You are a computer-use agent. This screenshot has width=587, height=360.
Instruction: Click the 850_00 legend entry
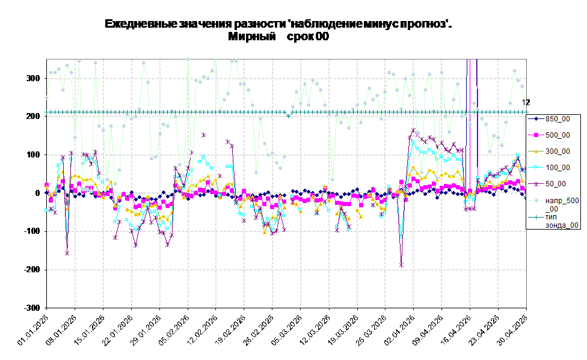[x=549, y=119]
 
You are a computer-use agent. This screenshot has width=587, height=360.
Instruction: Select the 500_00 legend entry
[x=549, y=135]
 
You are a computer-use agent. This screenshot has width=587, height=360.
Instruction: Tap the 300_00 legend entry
[x=549, y=151]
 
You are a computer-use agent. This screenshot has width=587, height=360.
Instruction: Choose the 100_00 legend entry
[x=549, y=168]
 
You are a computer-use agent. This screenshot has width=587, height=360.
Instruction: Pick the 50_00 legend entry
[x=547, y=184]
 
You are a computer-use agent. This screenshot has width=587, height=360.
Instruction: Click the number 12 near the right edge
[x=526, y=102]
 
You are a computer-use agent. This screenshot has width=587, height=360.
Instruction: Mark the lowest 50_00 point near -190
[x=401, y=265]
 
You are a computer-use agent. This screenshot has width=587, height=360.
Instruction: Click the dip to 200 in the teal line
[x=288, y=116]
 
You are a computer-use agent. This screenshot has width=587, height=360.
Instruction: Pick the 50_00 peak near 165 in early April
[x=413, y=130]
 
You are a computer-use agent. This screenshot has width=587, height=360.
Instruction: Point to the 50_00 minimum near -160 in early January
[x=67, y=254]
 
